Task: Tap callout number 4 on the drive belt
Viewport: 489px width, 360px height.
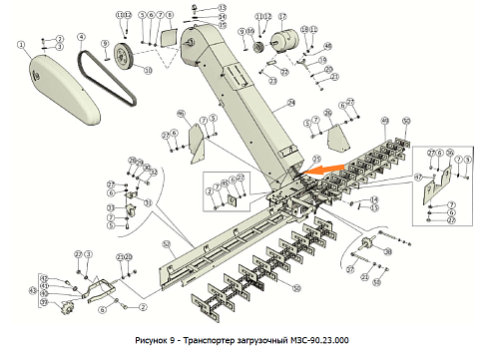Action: coord(80,43)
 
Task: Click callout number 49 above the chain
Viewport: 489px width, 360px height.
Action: coord(385,121)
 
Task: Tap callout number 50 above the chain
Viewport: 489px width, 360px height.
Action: coord(405,121)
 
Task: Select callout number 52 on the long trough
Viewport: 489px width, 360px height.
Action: coord(166,244)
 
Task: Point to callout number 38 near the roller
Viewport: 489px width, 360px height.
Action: coord(387,253)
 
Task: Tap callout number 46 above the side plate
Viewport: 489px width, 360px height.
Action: coord(181,113)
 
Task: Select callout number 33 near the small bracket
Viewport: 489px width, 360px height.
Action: coord(147,203)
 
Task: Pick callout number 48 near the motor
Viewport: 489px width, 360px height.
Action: coord(328,46)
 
